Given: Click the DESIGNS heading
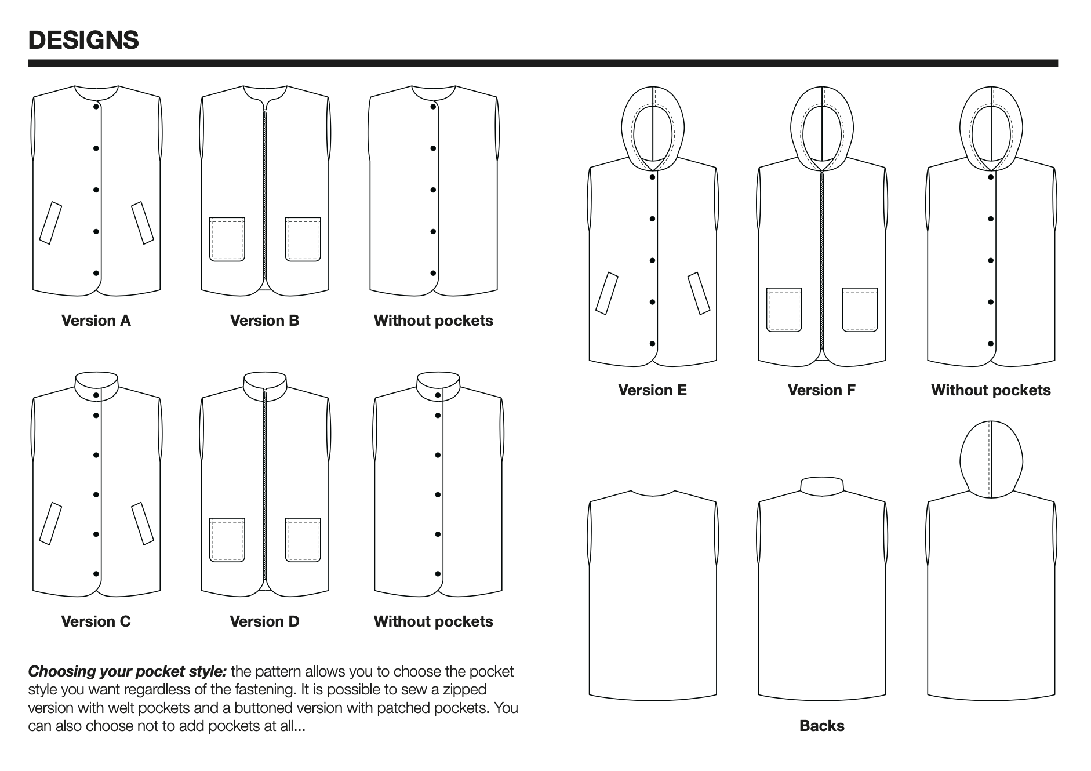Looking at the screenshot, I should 83,41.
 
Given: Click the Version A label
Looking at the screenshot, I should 96,321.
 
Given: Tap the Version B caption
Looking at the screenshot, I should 264,321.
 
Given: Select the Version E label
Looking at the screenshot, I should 652,390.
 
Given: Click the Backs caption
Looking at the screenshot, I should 821,726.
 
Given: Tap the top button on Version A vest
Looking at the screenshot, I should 96,107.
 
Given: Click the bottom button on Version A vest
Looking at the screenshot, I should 96,273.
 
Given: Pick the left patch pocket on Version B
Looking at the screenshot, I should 227,239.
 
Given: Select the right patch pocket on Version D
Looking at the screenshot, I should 303,540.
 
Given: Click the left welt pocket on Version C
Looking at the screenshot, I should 50,523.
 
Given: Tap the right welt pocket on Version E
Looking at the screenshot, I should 699,293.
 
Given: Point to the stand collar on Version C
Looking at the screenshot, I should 96,383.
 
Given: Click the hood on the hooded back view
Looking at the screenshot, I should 991,458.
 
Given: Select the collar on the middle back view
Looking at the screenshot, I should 821,486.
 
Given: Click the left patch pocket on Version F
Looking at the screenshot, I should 784,310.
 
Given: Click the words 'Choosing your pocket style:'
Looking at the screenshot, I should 127,671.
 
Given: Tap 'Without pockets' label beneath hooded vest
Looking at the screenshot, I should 991,390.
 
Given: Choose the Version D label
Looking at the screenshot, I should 264,621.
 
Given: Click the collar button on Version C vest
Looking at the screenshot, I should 96,395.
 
